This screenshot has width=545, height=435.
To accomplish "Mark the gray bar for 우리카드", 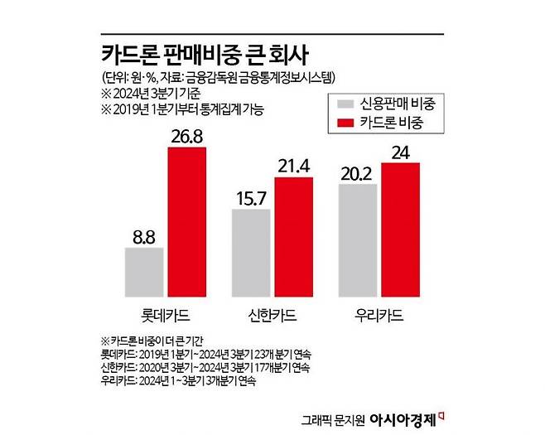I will [357, 239].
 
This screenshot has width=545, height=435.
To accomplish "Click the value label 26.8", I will [187, 135].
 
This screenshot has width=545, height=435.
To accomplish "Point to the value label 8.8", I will [144, 236].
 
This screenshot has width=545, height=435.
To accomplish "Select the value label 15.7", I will [250, 197].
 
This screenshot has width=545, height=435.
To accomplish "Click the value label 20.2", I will [357, 172].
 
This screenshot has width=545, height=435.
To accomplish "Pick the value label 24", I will [400, 152].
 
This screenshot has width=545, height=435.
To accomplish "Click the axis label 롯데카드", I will [166, 316].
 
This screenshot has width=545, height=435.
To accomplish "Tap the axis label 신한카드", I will [272, 316].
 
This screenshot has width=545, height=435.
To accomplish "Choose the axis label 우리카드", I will [379, 316].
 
